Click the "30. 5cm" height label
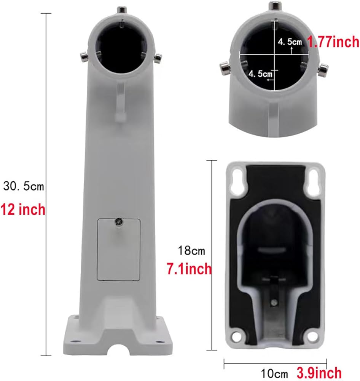coord(24,187)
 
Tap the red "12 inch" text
coord(23,209)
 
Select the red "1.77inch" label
coord(333,42)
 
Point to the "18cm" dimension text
coord(191,251)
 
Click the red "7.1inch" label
coord(190,269)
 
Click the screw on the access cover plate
coord(119,221)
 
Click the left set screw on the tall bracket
coord(84,57)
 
